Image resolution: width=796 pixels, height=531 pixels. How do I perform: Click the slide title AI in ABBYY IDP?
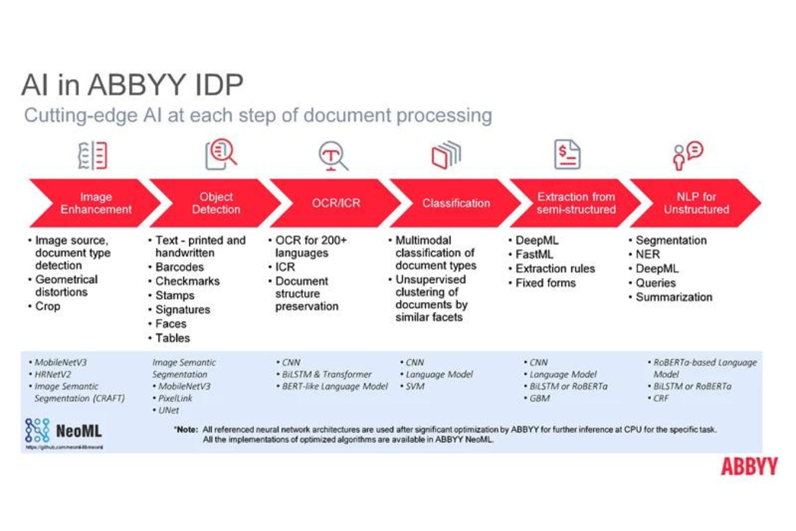click(132, 85)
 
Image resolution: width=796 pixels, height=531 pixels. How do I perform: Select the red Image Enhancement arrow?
click(94, 203)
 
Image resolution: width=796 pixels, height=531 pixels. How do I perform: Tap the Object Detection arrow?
click(216, 203)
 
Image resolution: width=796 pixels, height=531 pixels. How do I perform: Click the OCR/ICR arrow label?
click(335, 203)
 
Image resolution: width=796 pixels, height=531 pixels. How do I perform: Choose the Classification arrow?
click(456, 203)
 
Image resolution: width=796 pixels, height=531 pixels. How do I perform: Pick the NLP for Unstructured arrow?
click(696, 203)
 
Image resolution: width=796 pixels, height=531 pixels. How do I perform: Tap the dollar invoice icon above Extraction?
click(567, 155)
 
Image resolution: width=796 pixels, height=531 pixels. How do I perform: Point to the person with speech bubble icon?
click(688, 155)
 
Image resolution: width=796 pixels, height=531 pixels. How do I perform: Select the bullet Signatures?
click(182, 310)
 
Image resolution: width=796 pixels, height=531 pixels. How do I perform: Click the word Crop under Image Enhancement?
click(48, 306)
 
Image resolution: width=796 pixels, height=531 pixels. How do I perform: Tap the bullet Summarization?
click(673, 297)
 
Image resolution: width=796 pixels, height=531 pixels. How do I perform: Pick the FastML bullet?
click(534, 254)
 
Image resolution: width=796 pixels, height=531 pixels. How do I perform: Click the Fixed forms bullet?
click(545, 283)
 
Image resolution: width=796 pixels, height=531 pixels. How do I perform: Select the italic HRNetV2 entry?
click(52, 375)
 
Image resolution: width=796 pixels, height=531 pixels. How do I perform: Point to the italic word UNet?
click(168, 410)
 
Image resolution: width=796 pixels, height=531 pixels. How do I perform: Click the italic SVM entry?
click(415, 386)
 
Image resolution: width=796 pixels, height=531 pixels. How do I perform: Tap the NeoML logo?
click(64, 432)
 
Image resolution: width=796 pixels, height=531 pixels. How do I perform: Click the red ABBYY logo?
click(749, 467)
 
